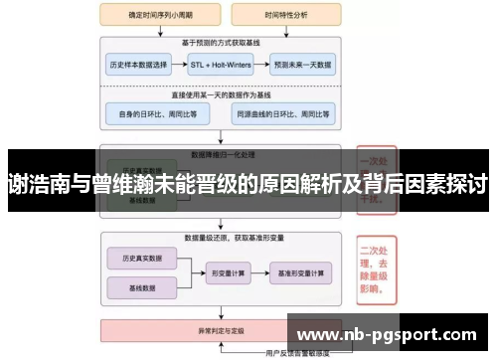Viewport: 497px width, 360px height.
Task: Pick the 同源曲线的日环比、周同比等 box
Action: point(280,115)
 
